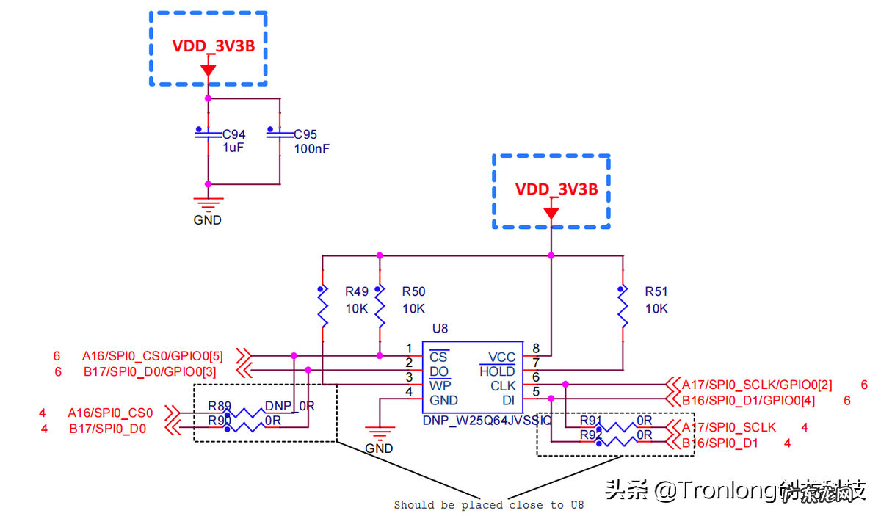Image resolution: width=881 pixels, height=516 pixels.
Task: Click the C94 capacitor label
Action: click(x=234, y=135)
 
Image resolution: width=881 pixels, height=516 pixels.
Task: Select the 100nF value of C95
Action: click(x=312, y=148)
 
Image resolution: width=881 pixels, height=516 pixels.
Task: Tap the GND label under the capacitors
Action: click(x=207, y=220)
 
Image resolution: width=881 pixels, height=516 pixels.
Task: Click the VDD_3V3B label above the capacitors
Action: click(x=214, y=46)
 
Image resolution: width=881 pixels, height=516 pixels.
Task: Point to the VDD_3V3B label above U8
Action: click(x=556, y=189)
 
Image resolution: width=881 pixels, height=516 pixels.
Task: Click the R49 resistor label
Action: click(x=357, y=292)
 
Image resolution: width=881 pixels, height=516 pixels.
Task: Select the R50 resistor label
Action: click(x=413, y=292)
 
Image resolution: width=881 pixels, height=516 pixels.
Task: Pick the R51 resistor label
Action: click(x=656, y=292)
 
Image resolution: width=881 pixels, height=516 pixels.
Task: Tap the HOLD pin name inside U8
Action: click(x=497, y=371)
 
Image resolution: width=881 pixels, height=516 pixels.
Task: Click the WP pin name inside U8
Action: click(x=440, y=386)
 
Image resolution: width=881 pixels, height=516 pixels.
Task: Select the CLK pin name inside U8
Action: click(x=503, y=386)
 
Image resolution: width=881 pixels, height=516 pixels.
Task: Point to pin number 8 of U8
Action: click(x=536, y=349)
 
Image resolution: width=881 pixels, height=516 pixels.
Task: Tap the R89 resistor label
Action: click(x=220, y=406)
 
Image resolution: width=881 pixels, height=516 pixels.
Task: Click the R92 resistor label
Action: click(x=591, y=435)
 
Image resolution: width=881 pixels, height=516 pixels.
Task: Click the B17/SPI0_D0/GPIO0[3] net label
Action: click(x=149, y=371)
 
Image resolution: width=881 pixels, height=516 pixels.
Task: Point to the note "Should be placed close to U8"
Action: click(x=488, y=505)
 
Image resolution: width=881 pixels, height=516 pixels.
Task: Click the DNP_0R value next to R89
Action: click(x=289, y=406)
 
